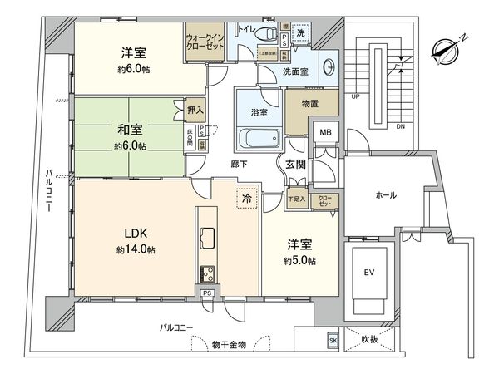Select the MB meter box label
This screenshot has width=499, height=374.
click(x=324, y=131)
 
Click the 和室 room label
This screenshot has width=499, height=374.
click(x=131, y=130)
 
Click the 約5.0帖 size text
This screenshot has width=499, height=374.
click(x=300, y=261)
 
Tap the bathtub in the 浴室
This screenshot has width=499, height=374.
click(x=256, y=139)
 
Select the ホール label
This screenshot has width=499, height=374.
click(x=386, y=196)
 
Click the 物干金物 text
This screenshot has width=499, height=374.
click(x=230, y=345)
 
